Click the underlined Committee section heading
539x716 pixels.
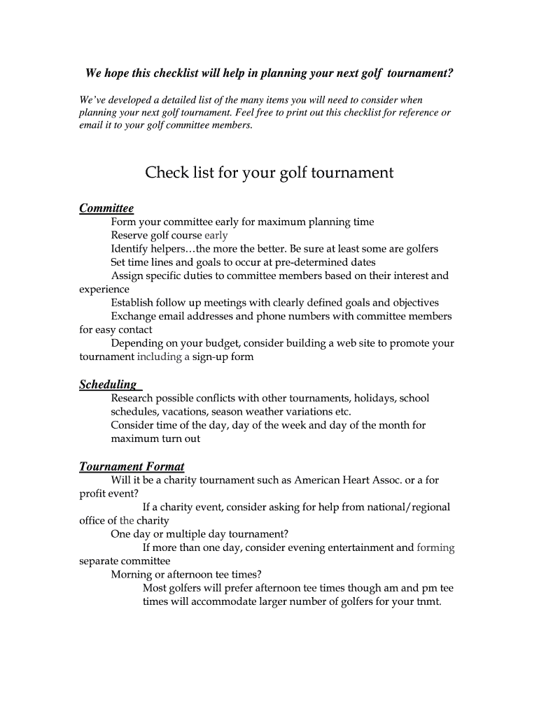[x=106, y=208]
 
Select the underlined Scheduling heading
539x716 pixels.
[x=108, y=385]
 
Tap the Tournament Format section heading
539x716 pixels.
[x=132, y=466]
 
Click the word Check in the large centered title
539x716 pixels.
[x=167, y=173]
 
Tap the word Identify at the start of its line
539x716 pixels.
[x=130, y=249]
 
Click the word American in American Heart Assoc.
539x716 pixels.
[x=318, y=480]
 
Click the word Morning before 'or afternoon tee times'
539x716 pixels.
[x=131, y=575]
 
